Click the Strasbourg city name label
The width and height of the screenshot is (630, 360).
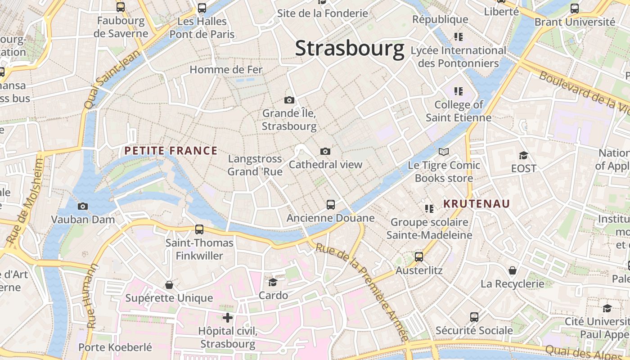click(x=350, y=49)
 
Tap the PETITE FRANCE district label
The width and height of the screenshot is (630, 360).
click(x=171, y=151)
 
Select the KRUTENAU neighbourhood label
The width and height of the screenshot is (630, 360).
click(x=477, y=204)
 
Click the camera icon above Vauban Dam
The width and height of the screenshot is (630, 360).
click(x=83, y=207)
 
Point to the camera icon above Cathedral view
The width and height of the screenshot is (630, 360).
click(x=325, y=152)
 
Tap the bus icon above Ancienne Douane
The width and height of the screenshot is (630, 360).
click(x=331, y=205)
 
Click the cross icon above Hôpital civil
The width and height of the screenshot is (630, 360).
click(x=228, y=318)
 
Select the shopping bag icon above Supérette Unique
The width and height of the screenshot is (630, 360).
click(x=169, y=285)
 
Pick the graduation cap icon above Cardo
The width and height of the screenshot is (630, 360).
click(x=273, y=282)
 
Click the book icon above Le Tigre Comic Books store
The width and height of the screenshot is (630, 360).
click(x=444, y=152)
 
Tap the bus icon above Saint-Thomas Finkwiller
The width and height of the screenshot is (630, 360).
click(x=199, y=229)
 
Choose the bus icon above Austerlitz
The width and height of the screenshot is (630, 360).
click(x=419, y=257)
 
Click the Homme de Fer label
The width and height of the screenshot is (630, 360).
click(x=226, y=70)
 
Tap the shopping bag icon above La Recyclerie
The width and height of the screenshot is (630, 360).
click(x=512, y=270)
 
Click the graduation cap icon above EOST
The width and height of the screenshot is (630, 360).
click(x=523, y=155)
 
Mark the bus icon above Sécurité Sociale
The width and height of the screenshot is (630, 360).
click(x=474, y=317)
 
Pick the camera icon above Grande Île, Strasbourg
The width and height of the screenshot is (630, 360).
click(x=289, y=100)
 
